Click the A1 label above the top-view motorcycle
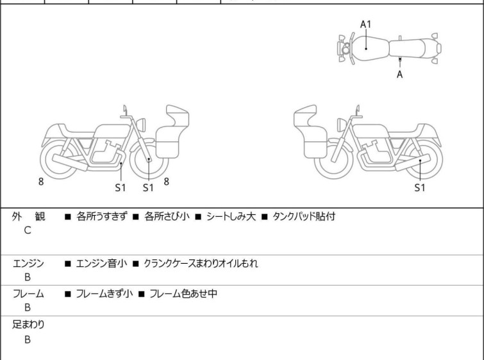(x=366, y=24)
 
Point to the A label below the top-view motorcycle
(x=399, y=74)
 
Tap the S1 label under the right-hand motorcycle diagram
(x=419, y=188)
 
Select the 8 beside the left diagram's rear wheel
(x=41, y=182)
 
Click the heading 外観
(x=29, y=217)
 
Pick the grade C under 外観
(x=28, y=230)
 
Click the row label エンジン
(x=29, y=263)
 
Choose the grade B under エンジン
(x=28, y=277)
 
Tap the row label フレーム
(x=29, y=294)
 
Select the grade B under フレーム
(x=28, y=307)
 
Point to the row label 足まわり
(x=29, y=325)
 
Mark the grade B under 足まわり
(x=28, y=339)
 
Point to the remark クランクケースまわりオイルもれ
(x=201, y=263)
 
